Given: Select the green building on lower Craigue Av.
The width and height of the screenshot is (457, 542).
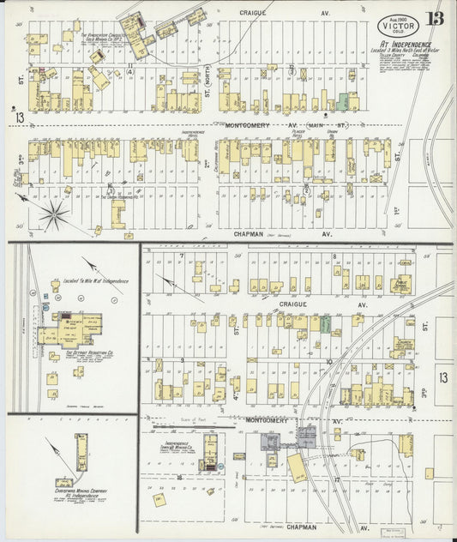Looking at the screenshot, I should (326, 323).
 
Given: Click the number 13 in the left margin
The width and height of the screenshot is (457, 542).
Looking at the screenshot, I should (18, 115).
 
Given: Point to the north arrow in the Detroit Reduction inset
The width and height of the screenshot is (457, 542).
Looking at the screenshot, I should (94, 265).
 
